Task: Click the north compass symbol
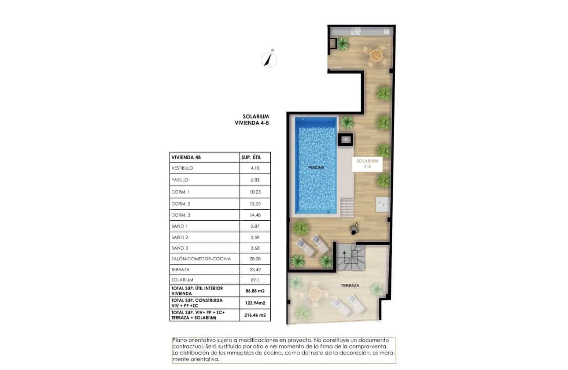pos(268,59)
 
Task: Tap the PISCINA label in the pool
pos(316,168)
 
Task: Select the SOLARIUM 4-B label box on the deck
pos(367,164)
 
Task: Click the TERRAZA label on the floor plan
pos(350,286)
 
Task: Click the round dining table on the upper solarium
pos(375,55)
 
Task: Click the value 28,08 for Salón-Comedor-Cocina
pos(255,259)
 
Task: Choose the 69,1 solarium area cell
pos(255,280)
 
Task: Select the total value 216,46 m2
pos(255,315)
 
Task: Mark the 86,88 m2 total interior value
pos(255,291)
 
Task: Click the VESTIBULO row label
pos(182,168)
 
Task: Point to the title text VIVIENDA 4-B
pos(252,124)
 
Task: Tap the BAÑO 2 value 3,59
pos(255,237)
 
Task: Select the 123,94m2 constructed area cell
pos(255,303)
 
